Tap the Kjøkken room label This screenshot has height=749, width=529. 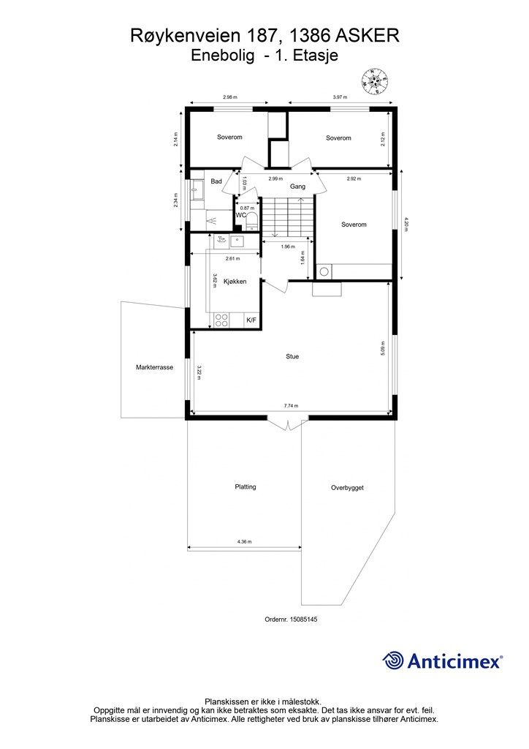pos(235,282)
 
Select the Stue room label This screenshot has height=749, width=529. pos(292,356)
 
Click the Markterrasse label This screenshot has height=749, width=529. pos(154,367)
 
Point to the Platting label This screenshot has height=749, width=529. pos(246,486)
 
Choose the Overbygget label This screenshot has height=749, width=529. pos(347,488)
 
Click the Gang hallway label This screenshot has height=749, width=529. pos(297,187)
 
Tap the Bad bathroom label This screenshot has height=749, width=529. pos(216,181)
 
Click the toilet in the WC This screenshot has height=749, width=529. pos(252,222)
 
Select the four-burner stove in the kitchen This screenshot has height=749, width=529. pos(222,320)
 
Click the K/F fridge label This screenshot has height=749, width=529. pos(251,320)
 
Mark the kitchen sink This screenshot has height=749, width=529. pos(237,241)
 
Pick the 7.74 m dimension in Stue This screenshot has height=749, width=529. pos(291,405)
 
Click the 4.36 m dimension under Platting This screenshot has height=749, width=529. pos(244,542)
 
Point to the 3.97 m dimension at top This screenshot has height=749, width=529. pos(340,97)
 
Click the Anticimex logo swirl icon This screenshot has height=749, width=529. pos(393,660)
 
